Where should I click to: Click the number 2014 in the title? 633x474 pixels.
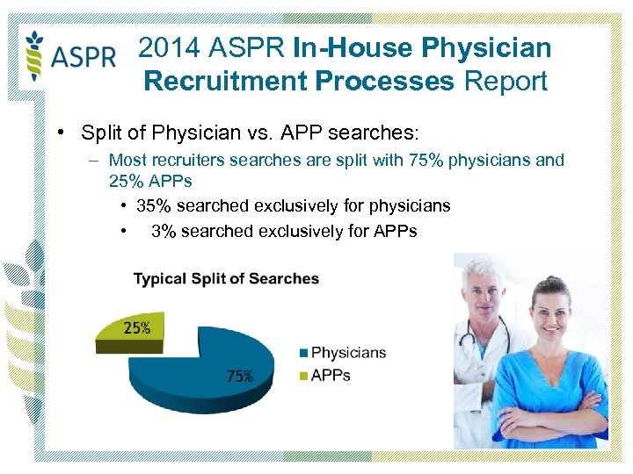(x=168, y=48)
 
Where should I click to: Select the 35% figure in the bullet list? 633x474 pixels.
(x=153, y=206)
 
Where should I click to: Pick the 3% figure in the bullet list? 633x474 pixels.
(x=164, y=232)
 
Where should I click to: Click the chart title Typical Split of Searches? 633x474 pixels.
(x=226, y=279)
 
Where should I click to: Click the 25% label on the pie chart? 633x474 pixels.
(x=136, y=328)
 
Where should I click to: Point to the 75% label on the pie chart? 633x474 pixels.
(x=240, y=376)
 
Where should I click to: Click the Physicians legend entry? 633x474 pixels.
(x=343, y=353)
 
